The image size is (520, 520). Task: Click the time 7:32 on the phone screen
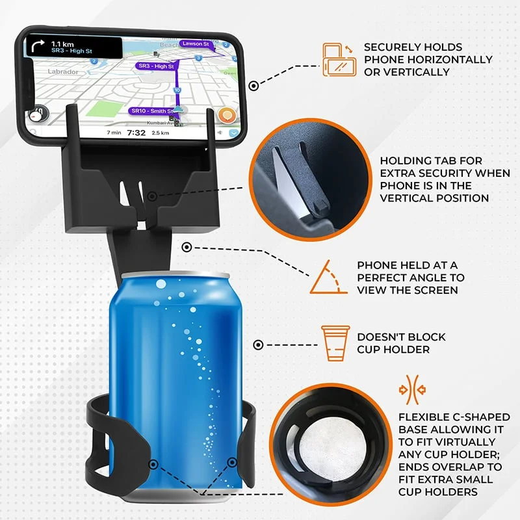[136, 133]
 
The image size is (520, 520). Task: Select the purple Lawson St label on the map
[194, 44]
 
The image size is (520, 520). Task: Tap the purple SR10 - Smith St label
[151, 111]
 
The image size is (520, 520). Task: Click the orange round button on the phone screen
[227, 116]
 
